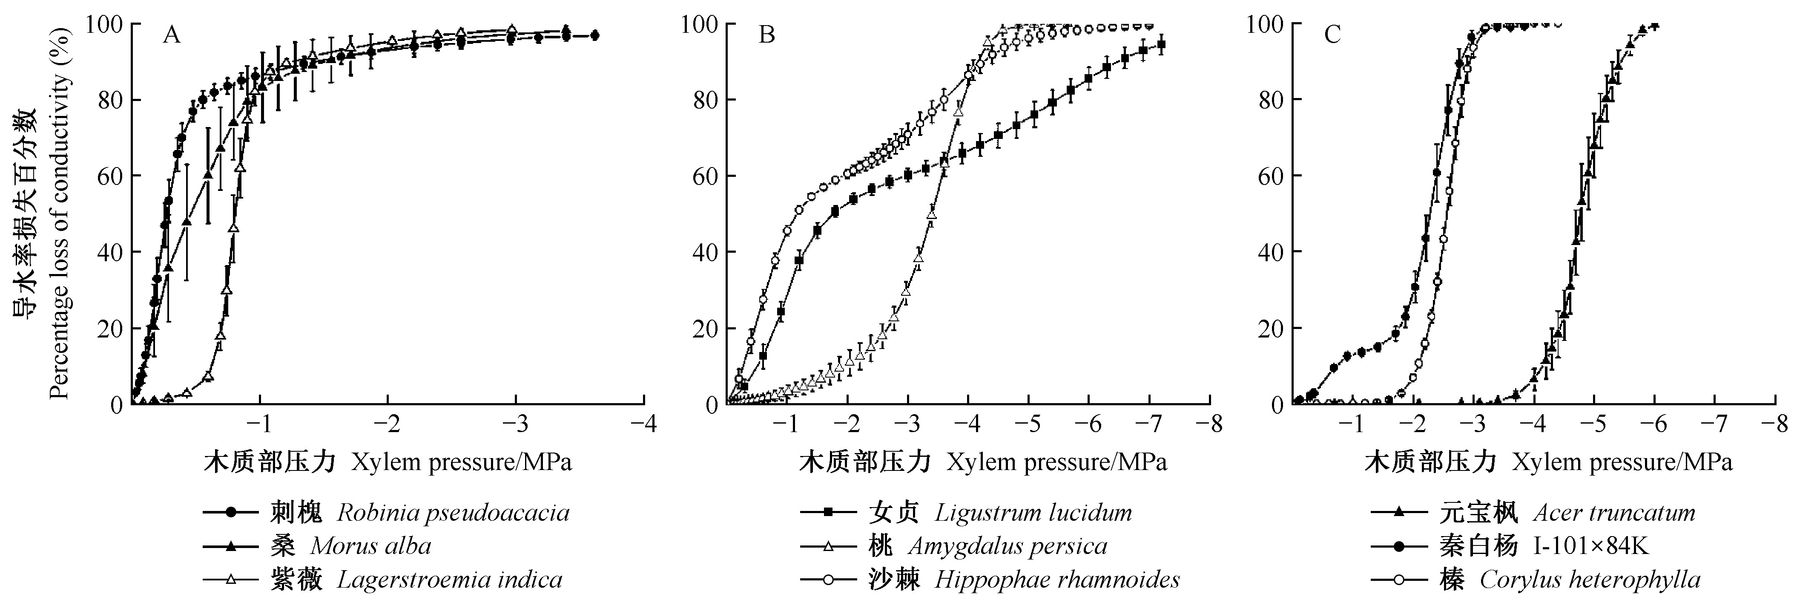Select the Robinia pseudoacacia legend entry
(x=386, y=513)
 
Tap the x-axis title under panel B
(x=982, y=463)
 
